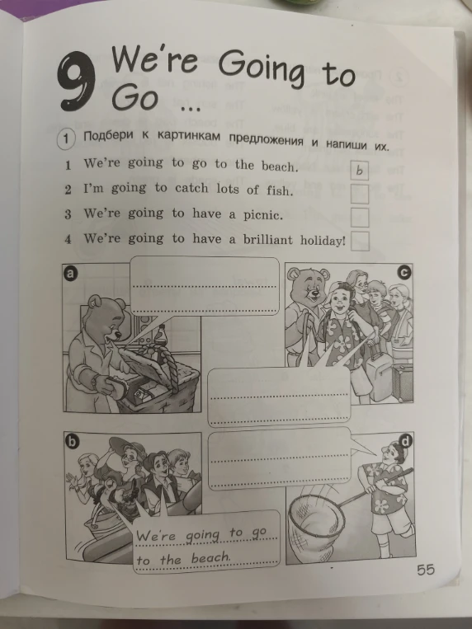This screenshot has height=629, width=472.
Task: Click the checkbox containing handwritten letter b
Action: tap(360, 170)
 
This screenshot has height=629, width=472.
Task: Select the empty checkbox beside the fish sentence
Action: tap(360, 194)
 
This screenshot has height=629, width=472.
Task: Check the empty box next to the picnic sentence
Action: tap(360, 218)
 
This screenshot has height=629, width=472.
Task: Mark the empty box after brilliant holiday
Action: tap(360, 241)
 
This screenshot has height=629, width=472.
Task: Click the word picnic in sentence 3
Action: tap(262, 215)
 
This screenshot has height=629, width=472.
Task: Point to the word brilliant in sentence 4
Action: tap(268, 240)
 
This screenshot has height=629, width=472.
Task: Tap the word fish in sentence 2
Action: tap(278, 190)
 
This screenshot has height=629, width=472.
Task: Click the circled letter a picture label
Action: tap(70, 274)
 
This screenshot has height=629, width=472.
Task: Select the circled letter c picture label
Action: tap(404, 273)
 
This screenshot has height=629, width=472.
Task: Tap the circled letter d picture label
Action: tap(406, 442)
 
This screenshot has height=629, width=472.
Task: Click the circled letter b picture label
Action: tap(71, 442)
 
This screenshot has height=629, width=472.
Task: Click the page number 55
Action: tap(426, 570)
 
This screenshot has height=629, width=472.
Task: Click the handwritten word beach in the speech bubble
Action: tap(210, 557)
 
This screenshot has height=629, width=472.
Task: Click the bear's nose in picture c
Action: tap(314, 293)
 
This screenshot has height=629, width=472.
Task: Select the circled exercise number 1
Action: tap(66, 139)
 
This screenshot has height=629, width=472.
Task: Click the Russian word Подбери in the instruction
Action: tap(108, 136)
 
